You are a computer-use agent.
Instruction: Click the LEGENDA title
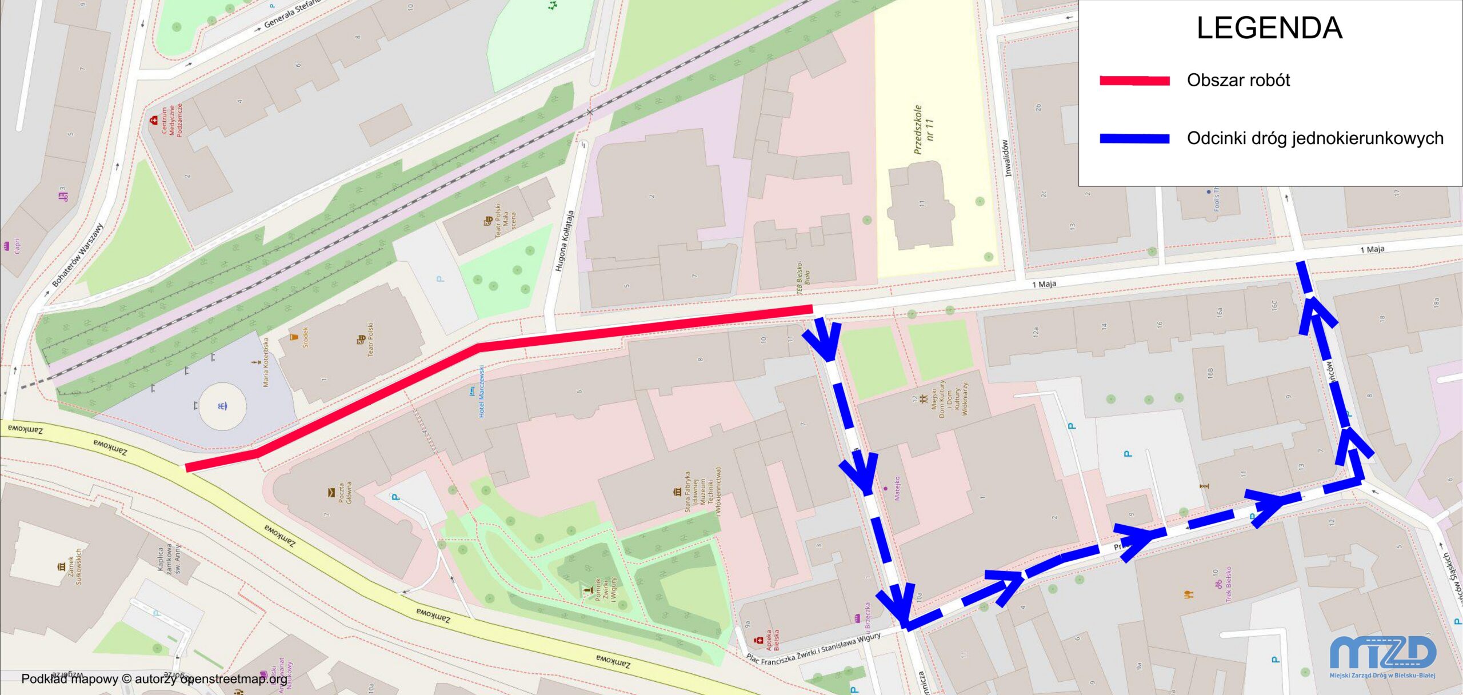[1269, 28]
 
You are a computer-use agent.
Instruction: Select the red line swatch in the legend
[1134, 81]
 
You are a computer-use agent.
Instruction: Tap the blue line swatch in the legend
[1134, 138]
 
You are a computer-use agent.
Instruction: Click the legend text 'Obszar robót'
[1238, 80]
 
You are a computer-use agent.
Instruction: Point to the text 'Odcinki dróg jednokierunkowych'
[1315, 138]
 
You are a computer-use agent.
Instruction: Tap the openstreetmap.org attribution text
[154, 678]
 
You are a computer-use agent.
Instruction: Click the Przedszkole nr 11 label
[923, 130]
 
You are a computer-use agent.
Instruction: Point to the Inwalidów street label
[1006, 158]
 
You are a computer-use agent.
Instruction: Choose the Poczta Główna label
[345, 492]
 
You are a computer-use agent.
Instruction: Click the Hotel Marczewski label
[481, 392]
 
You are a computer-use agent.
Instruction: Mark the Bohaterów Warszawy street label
[78, 255]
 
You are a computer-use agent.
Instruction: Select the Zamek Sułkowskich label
[75, 566]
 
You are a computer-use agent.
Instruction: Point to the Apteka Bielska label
[772, 640]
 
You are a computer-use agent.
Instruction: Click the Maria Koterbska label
[266, 362]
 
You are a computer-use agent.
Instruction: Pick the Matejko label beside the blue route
[897, 488]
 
